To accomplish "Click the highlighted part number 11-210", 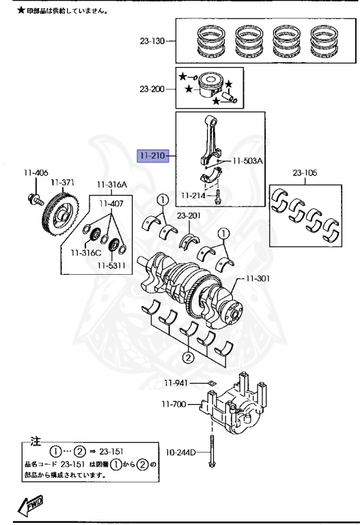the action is (153, 156).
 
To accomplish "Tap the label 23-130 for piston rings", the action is (152, 41).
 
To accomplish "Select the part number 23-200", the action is (152, 89).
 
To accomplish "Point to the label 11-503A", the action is (247, 161).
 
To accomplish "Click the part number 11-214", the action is (193, 196).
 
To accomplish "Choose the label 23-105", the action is (305, 173).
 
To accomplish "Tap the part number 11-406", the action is (36, 173).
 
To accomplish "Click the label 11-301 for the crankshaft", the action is (258, 278).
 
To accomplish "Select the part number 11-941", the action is (176, 383).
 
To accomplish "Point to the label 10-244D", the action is (180, 453).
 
